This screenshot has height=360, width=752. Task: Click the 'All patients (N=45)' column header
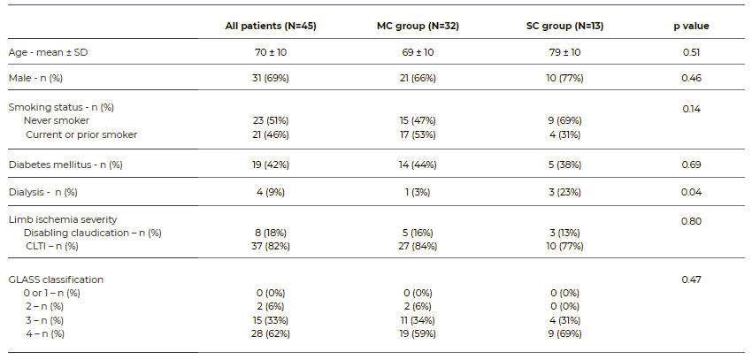[x=271, y=26]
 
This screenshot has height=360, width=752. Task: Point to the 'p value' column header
[x=691, y=26]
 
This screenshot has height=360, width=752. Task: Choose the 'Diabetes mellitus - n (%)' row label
[x=65, y=165]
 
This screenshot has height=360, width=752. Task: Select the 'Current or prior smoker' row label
[x=81, y=134]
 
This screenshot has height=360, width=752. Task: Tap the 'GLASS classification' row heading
[x=56, y=280]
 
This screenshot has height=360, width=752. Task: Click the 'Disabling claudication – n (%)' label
[x=92, y=233]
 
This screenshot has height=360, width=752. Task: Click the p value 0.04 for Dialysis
[x=691, y=192]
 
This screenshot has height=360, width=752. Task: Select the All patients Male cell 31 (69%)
[x=271, y=79]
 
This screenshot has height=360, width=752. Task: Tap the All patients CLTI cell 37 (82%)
[x=271, y=246]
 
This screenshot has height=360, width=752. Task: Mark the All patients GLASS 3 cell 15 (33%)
[x=271, y=319]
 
